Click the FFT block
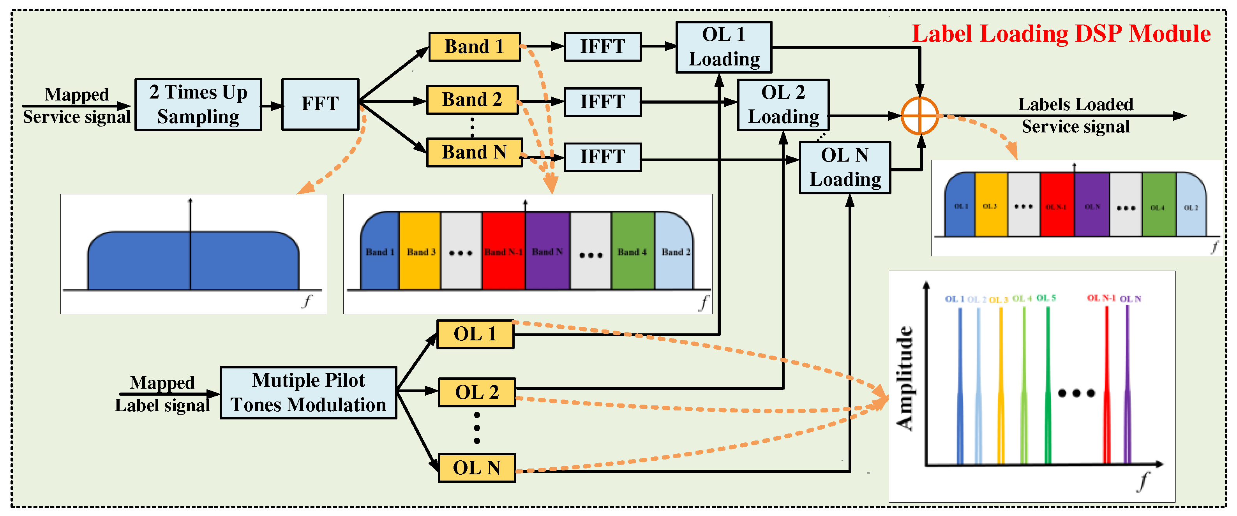pos(320,104)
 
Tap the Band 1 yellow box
pos(474,47)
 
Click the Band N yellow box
pos(474,152)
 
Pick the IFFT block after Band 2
pos(602,102)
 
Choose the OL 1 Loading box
pos(723,47)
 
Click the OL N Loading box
pos(845,167)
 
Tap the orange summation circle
pos(919,116)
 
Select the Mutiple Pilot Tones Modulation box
pos(308,393)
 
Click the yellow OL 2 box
pos(476,392)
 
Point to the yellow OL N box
pos(476,468)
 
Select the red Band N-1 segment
pos(503,252)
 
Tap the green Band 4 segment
pos(632,252)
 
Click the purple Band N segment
pos(547,252)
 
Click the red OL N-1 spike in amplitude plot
pos(1106,384)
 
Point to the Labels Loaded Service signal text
pos(1076,115)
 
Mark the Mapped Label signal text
pos(162,394)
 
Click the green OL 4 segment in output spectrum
pos(1158,206)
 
